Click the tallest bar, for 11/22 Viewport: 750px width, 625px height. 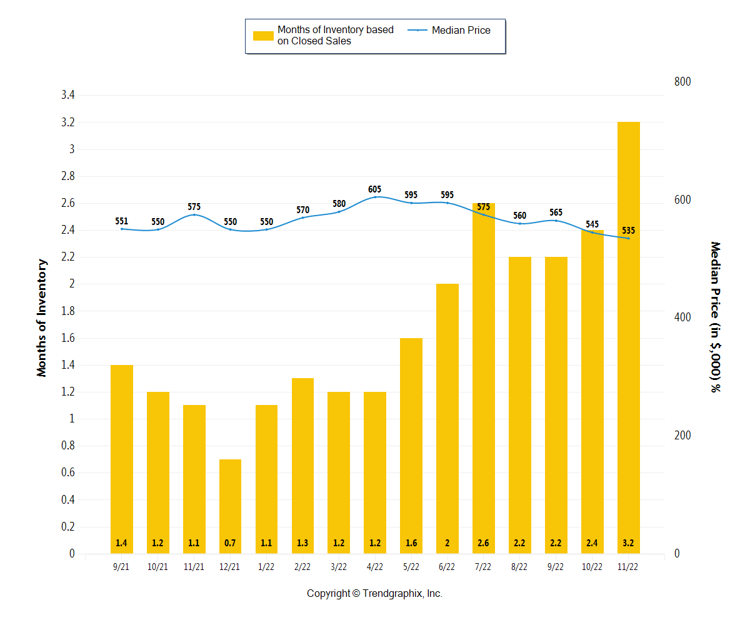(x=628, y=337)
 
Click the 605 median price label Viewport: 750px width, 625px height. (x=375, y=189)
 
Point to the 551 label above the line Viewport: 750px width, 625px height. (x=122, y=221)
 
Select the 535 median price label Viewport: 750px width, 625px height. (x=628, y=231)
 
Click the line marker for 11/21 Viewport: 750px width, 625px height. (x=194, y=215)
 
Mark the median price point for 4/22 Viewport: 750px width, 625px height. (x=375, y=197)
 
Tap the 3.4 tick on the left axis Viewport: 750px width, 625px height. (x=67, y=96)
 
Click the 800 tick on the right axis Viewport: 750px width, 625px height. (x=682, y=82)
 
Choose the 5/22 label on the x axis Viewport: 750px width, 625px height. (x=411, y=567)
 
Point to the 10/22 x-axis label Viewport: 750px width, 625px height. (x=592, y=567)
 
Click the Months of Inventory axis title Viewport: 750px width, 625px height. (x=42, y=317)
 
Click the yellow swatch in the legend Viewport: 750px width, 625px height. (x=263, y=36)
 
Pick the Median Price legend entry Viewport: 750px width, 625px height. (x=461, y=30)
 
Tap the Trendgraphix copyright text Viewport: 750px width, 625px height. (x=374, y=594)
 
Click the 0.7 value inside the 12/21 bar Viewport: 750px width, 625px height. (x=230, y=543)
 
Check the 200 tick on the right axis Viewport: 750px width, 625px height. (x=682, y=436)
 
